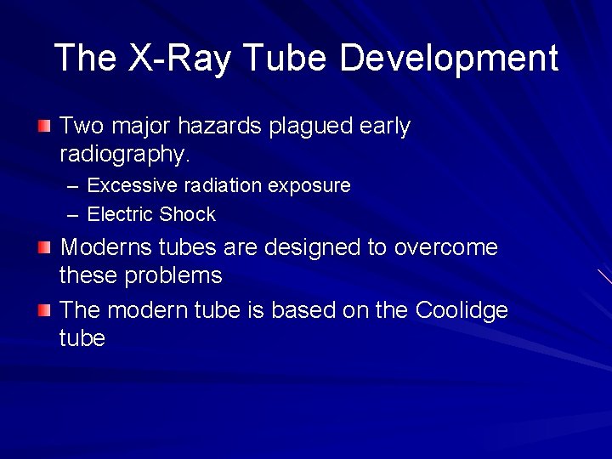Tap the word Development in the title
(448, 59)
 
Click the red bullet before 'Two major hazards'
(44, 127)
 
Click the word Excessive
(130, 185)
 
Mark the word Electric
(118, 214)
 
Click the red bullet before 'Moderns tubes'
(44, 249)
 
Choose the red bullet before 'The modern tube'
(44, 311)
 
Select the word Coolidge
(462, 310)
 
